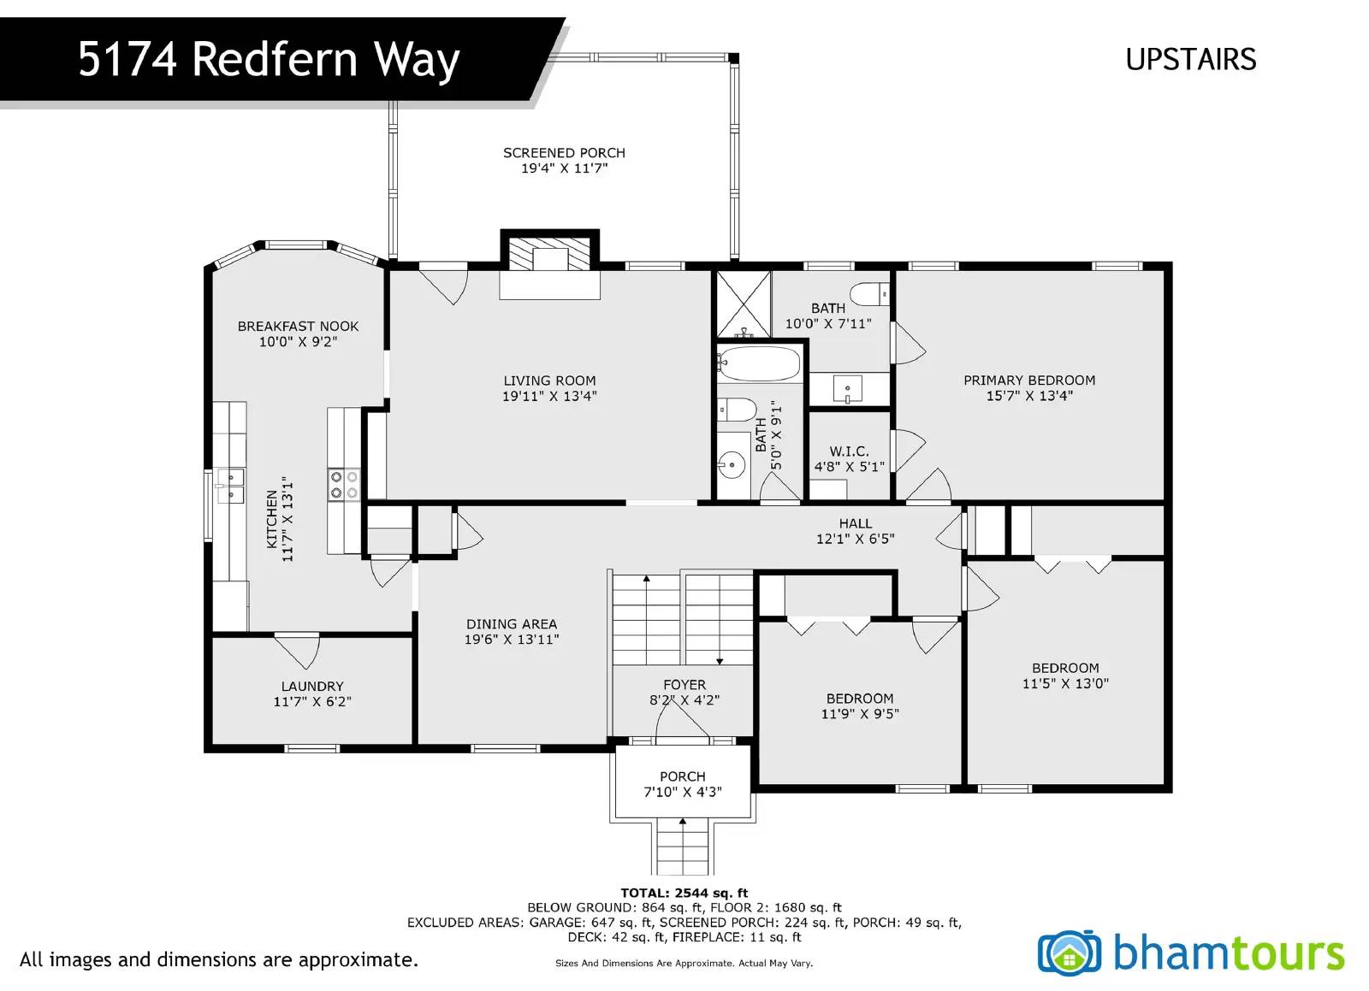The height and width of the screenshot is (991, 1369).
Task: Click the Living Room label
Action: [549, 380]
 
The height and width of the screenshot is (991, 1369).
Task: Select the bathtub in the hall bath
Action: [758, 363]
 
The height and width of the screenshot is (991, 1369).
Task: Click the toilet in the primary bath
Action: [869, 294]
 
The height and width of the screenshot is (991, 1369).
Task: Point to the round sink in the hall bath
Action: [731, 464]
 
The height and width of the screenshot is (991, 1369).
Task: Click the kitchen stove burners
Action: [343, 485]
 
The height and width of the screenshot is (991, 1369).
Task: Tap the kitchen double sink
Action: [230, 486]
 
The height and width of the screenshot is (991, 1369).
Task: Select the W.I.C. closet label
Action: [849, 451]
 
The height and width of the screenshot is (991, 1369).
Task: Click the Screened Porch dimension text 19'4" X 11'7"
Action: [564, 168]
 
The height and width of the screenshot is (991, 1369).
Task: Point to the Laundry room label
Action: [312, 687]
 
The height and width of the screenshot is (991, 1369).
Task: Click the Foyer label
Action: [684, 685]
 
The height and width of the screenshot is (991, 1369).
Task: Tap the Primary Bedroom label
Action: [1029, 380]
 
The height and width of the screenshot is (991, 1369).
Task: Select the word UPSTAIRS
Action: [1190, 59]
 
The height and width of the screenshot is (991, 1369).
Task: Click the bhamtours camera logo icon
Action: [1069, 953]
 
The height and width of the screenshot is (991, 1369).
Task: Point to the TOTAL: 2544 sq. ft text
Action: [684, 894]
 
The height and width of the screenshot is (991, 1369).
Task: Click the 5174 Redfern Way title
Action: [269, 60]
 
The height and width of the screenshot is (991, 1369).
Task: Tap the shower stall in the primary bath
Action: [744, 304]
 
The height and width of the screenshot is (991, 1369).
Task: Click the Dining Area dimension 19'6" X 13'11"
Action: [512, 640]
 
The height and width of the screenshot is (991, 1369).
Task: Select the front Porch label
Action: [683, 776]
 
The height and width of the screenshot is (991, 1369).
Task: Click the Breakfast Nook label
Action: [298, 327]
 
